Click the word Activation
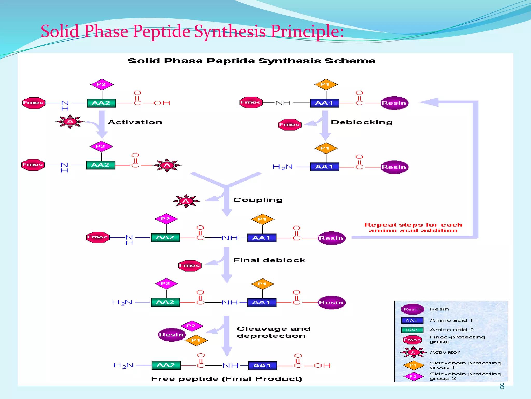[x=135, y=122]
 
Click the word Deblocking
[x=362, y=122]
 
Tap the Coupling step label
[x=258, y=200]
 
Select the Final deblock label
[x=269, y=260]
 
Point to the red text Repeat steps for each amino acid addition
[x=413, y=228]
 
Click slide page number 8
[x=502, y=386]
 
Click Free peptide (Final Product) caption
[x=226, y=379]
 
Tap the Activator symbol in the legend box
[x=413, y=352]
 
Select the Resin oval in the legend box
[x=413, y=309]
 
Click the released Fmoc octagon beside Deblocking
[x=290, y=125]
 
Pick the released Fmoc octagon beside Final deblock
[x=190, y=265]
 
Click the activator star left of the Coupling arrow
[x=186, y=201]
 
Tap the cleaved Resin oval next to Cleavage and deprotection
[x=172, y=335]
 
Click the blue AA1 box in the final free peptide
[x=262, y=365]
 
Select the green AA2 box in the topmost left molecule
[x=101, y=103]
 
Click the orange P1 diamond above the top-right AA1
[x=326, y=84]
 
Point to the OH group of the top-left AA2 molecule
[x=162, y=103]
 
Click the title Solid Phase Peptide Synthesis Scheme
[x=251, y=61]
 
